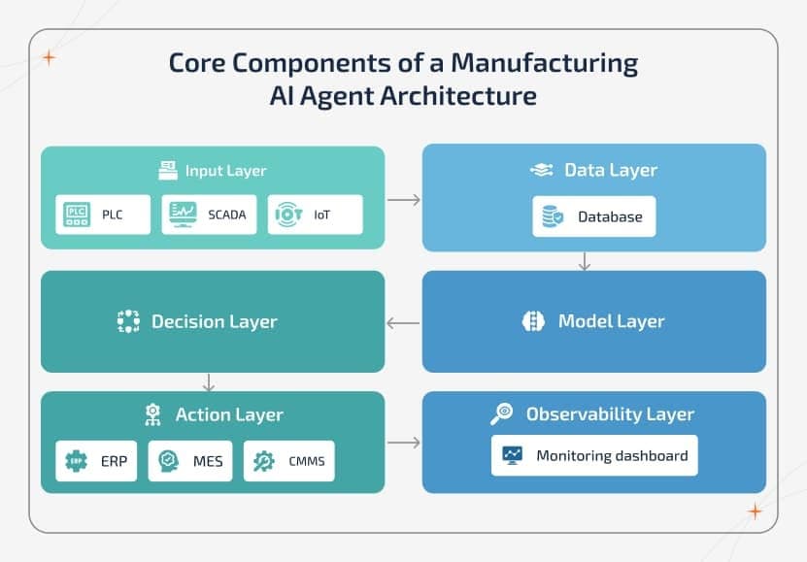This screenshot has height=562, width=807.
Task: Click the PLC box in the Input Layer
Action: pos(103,215)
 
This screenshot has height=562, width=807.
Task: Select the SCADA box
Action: pos(209,215)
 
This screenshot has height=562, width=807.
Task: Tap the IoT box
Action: pos(315,215)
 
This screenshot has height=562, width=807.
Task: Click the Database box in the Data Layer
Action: pos(593,216)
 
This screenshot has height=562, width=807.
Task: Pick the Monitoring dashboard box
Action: pos(593,455)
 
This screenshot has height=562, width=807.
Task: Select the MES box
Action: pos(190,461)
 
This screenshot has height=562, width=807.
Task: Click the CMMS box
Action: pos(288,461)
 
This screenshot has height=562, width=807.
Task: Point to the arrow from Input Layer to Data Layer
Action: pos(403,200)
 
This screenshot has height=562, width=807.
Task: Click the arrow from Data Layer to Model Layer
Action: pos(584,261)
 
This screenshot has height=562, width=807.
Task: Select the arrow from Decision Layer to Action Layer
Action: pos(209,381)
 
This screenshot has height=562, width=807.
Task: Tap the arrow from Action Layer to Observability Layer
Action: pos(403,443)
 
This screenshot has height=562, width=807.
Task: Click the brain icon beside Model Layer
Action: pos(533,322)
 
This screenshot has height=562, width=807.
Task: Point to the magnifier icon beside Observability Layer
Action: pos(501,414)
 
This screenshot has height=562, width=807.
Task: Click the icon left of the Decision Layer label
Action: pos(128,322)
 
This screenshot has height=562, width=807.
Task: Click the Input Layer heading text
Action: pos(225,171)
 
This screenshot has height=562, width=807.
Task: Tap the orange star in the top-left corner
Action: pos(49,58)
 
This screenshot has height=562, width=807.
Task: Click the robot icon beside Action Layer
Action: pos(151,414)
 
